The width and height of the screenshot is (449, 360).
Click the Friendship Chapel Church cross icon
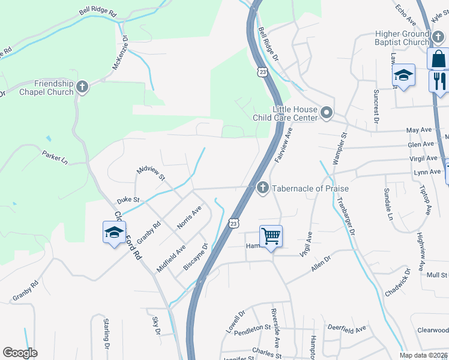pos(82,88)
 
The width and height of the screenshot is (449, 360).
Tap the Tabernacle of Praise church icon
pos(262,188)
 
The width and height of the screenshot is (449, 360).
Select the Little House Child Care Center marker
pos(327,112)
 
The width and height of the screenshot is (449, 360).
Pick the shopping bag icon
pos(439,58)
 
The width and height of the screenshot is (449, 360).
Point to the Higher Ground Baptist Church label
pos(402,38)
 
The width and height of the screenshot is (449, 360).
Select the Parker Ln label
pos(55,157)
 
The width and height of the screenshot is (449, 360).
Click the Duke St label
pos(128,199)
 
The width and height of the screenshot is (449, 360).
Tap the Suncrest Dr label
pos(376,106)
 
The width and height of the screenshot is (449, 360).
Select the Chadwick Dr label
pos(397,283)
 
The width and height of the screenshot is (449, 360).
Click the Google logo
pos(20,353)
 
